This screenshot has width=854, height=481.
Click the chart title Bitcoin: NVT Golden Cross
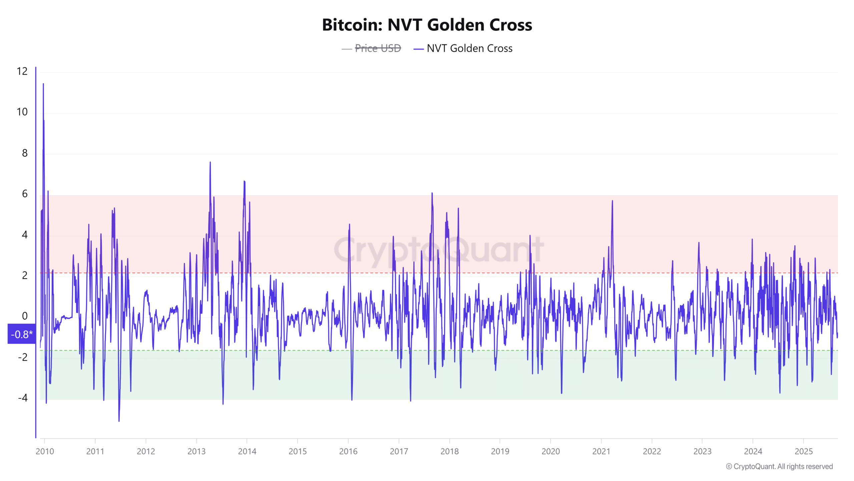427,25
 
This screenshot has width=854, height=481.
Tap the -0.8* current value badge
22,334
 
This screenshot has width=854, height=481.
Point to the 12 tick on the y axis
22,71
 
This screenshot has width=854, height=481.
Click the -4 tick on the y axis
23,398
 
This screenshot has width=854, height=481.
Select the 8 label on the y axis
25,153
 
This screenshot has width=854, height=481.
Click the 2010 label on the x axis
45,451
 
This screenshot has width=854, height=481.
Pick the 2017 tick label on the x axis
399,451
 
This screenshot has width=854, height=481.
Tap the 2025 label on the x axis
804,451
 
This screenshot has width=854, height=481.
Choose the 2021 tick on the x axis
601,451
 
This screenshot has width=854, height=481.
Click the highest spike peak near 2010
43,84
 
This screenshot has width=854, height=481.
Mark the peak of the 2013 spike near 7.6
210,162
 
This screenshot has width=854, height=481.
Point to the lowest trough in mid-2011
119,421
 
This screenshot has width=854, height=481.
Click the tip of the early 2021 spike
612,201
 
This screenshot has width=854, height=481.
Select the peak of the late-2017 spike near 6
432,193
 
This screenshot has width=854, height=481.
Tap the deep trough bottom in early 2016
352,399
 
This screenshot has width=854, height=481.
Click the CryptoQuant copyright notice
779,467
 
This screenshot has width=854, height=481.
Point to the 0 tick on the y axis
25,316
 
